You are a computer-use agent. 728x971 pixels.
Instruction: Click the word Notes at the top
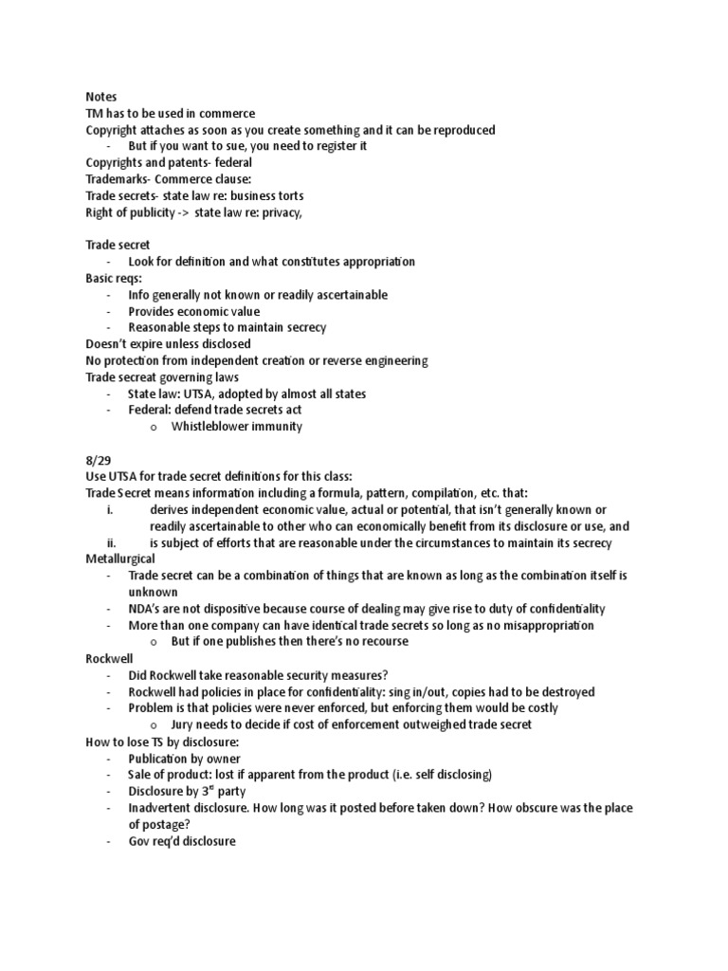100,97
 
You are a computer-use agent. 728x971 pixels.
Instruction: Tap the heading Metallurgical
120,559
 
